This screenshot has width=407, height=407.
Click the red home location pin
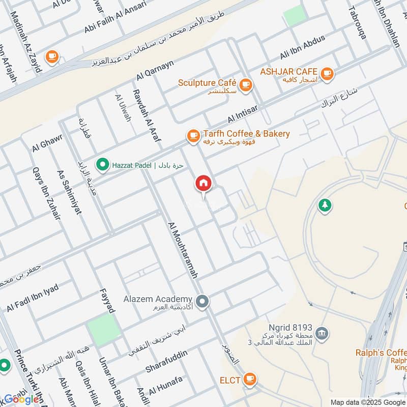click(203, 184)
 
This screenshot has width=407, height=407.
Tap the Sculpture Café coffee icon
click(246, 84)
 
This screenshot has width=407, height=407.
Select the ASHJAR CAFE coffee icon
click(327, 73)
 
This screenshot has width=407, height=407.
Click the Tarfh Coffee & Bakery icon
click(193, 135)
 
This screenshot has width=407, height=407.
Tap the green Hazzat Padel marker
click(103, 164)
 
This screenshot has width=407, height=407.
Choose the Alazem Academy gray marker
click(202, 302)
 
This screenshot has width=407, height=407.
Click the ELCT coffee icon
click(249, 379)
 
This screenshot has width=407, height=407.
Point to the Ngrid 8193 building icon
click(322, 334)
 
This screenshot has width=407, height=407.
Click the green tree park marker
click(324, 206)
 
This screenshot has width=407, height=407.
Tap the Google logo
click(21, 399)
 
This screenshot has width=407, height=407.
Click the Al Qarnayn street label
click(155, 70)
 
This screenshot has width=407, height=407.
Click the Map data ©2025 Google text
click(368, 401)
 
